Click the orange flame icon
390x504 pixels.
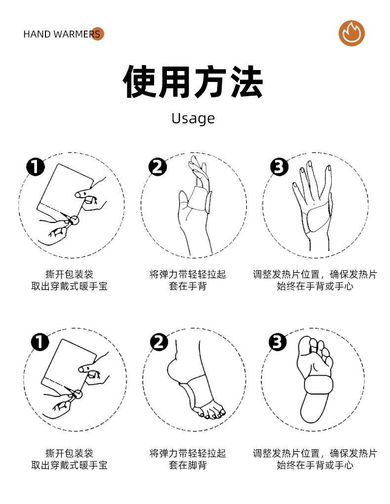pyautogui.click(x=351, y=34)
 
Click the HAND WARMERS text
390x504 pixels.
pyautogui.click(x=62, y=34)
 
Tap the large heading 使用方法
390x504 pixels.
pyautogui.click(x=193, y=82)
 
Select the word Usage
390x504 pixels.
pyautogui.click(x=193, y=118)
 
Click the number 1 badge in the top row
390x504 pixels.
pyautogui.click(x=35, y=167)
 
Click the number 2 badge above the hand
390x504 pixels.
pyautogui.click(x=157, y=167)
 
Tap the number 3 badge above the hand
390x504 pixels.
pyautogui.click(x=279, y=167)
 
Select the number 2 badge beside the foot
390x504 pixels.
pyautogui.click(x=159, y=341)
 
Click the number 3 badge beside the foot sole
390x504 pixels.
pyautogui.click(x=277, y=341)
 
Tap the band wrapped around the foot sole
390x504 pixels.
pyautogui.click(x=318, y=383)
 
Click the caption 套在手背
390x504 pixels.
pyautogui.click(x=188, y=286)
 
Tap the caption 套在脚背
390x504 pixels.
pyautogui.click(x=188, y=465)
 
